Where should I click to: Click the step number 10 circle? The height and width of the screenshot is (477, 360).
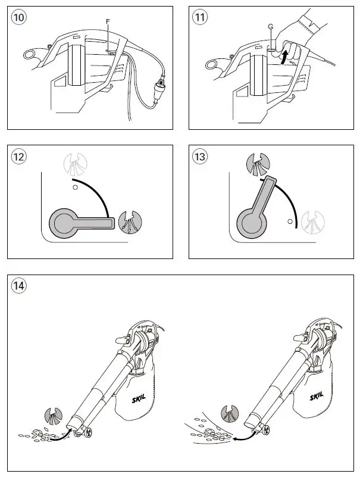[x=19, y=17]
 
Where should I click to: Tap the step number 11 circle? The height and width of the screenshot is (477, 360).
[x=201, y=17]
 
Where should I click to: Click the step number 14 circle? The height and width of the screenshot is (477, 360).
[x=19, y=285]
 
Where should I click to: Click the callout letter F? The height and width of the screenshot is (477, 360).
[x=107, y=21]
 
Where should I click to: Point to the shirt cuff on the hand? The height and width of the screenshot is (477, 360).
[x=310, y=22]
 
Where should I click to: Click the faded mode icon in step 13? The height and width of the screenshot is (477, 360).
[x=313, y=222]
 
